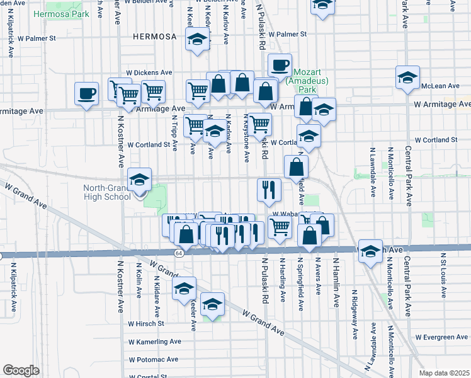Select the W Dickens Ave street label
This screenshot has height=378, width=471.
pos(149,72)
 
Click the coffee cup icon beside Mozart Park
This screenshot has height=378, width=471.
pos(280,64)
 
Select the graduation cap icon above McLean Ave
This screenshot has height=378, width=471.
pos(407,77)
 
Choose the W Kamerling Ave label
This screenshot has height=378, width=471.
pos(154,341)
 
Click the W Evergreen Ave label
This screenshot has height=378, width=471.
pos(440,337)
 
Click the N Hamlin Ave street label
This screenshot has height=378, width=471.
pos(336,275)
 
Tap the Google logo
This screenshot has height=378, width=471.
pos(21,370)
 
